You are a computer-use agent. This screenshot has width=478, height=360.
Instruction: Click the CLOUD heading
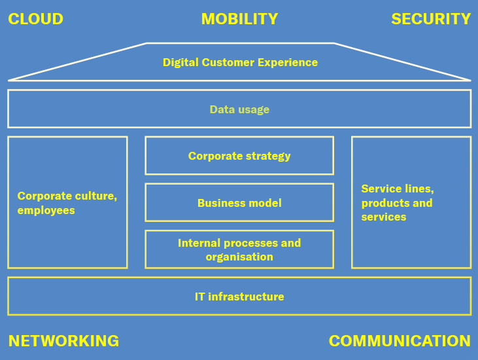[x=35, y=19]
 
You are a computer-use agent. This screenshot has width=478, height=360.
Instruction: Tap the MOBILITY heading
[x=239, y=19]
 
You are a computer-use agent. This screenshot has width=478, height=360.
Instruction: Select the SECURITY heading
[x=431, y=19]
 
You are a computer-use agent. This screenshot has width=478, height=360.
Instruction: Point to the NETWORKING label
[x=63, y=341]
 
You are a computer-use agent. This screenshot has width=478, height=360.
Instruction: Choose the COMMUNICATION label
[x=400, y=341]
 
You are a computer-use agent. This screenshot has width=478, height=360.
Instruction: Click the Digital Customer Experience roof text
[x=240, y=63]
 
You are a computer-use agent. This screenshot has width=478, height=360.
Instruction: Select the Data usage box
[x=239, y=109]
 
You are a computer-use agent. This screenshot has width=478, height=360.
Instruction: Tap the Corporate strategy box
[x=239, y=156]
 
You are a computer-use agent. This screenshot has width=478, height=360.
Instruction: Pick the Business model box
[x=239, y=203]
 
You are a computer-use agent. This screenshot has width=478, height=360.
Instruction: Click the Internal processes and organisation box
[x=239, y=249]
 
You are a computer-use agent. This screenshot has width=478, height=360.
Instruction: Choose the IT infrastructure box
[x=239, y=297]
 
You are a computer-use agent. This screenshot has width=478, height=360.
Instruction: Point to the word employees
[x=46, y=211]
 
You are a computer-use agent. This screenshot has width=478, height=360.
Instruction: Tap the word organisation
[x=239, y=257]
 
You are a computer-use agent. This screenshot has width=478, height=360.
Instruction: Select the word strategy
[x=268, y=156]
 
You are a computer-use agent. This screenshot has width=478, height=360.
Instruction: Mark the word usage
[x=254, y=110]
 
